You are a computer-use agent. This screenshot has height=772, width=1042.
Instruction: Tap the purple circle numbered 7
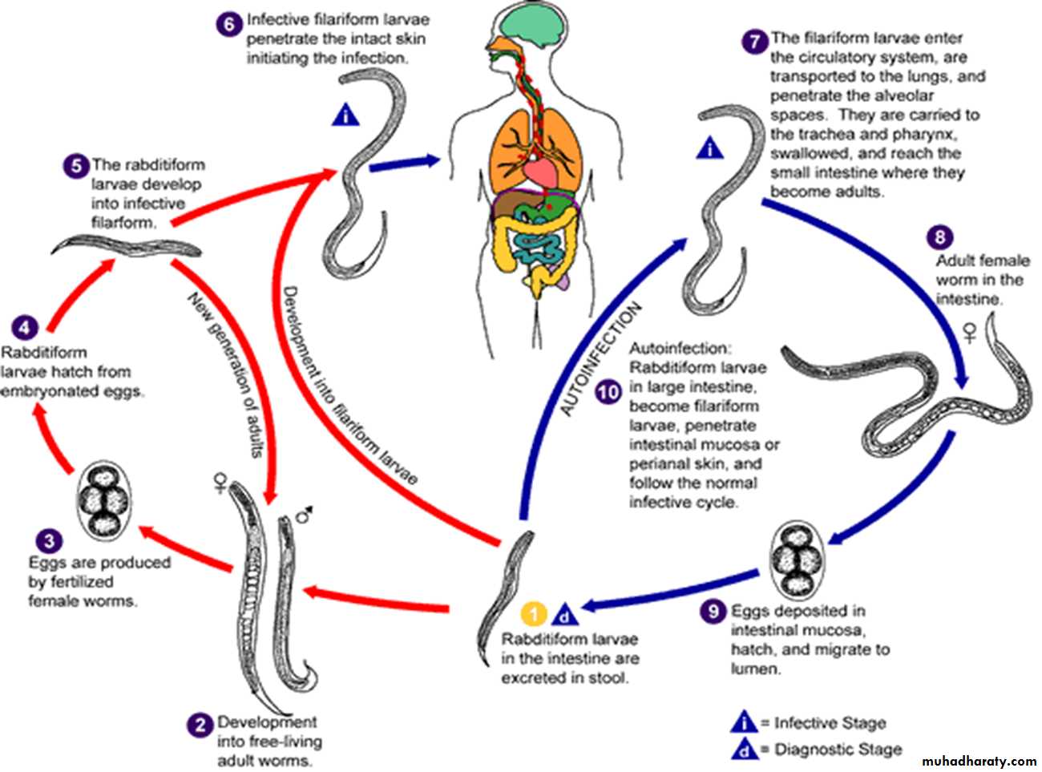[x=755, y=41]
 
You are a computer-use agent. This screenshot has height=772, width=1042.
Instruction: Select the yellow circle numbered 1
[x=534, y=614]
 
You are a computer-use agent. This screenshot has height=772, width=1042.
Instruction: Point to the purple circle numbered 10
[x=608, y=392]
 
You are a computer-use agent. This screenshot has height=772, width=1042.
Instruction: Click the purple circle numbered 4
[x=26, y=328]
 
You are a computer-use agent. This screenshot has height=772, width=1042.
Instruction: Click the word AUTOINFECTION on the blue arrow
[x=601, y=358]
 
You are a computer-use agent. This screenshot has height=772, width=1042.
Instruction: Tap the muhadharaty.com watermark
[x=979, y=760]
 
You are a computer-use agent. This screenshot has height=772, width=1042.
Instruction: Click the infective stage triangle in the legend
[x=745, y=722]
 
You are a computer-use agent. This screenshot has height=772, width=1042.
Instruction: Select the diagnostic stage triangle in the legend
[x=745, y=749]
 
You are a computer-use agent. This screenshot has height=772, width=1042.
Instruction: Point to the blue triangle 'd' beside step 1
[x=565, y=615]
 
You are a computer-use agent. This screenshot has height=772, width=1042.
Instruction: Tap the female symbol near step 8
[x=970, y=332]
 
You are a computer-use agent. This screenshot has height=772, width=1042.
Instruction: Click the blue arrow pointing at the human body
[x=405, y=162]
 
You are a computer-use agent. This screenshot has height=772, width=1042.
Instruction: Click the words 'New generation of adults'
[x=225, y=374]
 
